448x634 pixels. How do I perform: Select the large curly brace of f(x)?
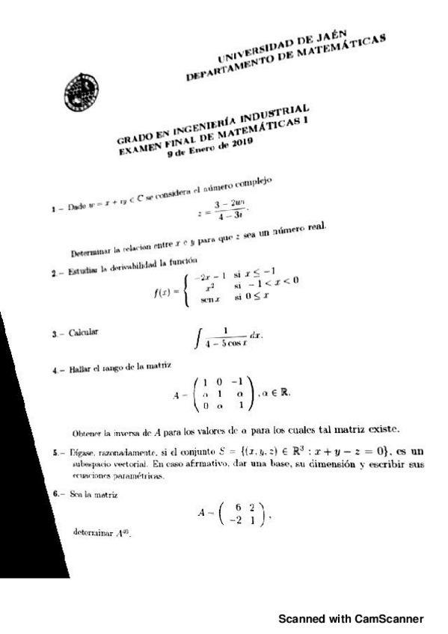coord(185,287)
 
